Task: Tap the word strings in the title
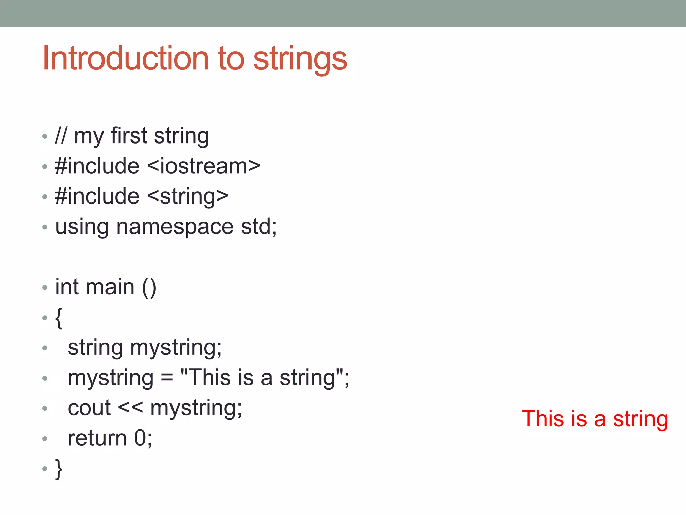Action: [x=300, y=60]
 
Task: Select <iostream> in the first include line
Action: [x=204, y=166]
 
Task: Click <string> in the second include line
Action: [x=188, y=196]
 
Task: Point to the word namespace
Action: [x=175, y=227]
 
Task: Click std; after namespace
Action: [x=259, y=227]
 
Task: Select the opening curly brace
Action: [x=59, y=318]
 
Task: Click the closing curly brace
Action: [x=59, y=469]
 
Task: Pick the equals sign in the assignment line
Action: [x=167, y=378]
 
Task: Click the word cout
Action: [x=89, y=408]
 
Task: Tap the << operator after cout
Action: [x=130, y=408]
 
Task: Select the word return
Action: [x=97, y=439]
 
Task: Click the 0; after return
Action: [x=143, y=439]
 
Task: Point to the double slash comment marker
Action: [x=61, y=136]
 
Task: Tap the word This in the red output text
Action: [x=543, y=419]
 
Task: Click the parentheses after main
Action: [x=149, y=288]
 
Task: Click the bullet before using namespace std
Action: [x=45, y=227]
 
